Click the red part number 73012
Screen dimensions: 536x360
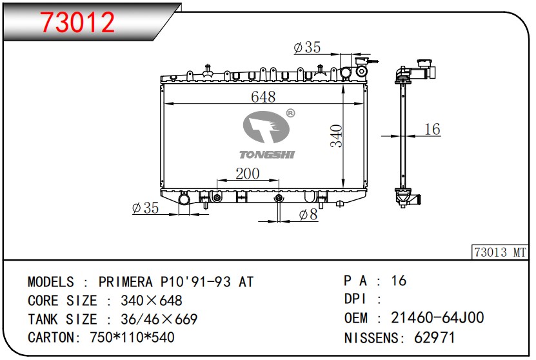78,23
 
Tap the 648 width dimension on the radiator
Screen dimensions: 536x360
263,97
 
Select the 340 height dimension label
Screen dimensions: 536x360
336,136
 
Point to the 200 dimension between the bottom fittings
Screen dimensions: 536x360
248,174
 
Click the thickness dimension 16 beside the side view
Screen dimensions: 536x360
432,129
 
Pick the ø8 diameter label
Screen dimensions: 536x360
308,215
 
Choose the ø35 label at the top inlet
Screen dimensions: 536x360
307,47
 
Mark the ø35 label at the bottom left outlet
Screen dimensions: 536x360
145,208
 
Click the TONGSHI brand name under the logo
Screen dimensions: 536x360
266,155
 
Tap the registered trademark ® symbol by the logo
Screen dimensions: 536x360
290,113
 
